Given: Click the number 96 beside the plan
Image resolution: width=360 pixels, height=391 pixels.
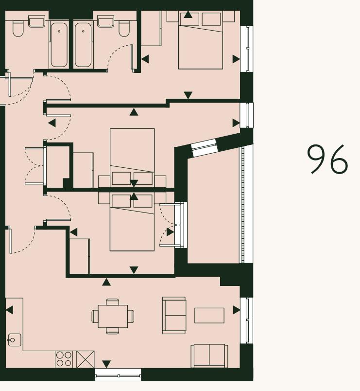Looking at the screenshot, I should pyautogui.click(x=328, y=159).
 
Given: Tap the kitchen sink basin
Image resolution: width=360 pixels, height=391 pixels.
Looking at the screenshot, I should pyautogui.click(x=14, y=340).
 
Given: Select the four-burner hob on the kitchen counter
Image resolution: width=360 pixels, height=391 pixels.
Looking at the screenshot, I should pyautogui.click(x=64, y=359).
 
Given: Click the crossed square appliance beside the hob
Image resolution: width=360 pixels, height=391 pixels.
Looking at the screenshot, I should pyautogui.click(x=85, y=359).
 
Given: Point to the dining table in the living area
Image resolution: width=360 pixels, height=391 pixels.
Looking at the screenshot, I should pyautogui.click(x=113, y=316).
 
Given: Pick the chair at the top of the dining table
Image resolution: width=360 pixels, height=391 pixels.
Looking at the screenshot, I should pyautogui.click(x=113, y=302).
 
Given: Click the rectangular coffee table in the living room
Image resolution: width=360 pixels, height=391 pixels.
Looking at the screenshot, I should pyautogui.click(x=209, y=315).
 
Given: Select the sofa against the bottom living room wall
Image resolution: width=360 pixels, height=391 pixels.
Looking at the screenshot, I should pyautogui.click(x=209, y=356).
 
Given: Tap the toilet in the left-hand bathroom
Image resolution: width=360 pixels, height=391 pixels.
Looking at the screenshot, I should pyautogui.click(x=18, y=28).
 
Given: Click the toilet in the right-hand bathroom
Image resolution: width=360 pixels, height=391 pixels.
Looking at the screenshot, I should pyautogui.click(x=125, y=28).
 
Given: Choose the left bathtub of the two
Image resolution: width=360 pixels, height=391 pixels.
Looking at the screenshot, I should pyautogui.click(x=59, y=44).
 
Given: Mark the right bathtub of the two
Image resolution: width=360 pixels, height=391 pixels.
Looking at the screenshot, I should pyautogui.click(x=84, y=44).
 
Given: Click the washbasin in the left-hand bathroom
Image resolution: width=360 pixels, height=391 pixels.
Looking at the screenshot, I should pyautogui.click(x=36, y=21).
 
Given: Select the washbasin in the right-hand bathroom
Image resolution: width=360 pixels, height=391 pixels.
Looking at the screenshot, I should pyautogui.click(x=105, y=21).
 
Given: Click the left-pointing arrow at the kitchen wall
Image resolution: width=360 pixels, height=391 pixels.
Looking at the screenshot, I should pyautogui.click(x=9, y=310).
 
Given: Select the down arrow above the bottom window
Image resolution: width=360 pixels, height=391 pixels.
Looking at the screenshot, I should pyautogui.click(x=106, y=364).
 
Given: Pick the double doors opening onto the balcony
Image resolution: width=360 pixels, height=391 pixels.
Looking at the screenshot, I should pyautogui.click(x=181, y=225).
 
